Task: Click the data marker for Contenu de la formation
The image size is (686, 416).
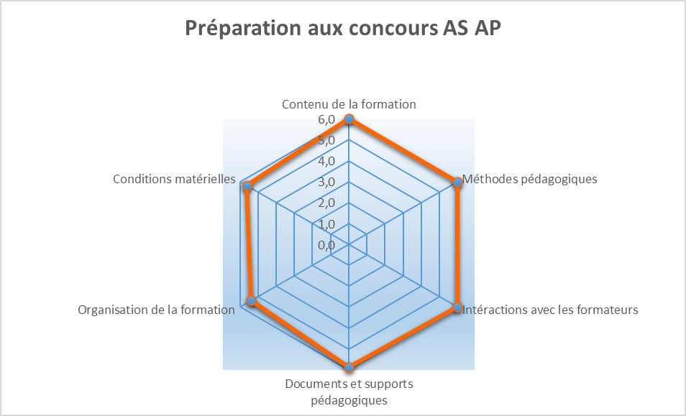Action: click(x=349, y=119)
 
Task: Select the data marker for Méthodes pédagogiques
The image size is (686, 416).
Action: click(x=457, y=182)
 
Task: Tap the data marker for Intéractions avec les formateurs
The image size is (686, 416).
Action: click(x=457, y=308)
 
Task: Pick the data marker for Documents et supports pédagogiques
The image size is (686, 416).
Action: click(x=349, y=368)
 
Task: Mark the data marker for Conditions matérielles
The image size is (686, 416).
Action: click(x=247, y=187)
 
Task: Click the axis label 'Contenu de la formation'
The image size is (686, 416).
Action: click(x=349, y=104)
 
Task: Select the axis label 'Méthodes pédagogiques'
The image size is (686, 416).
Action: click(x=529, y=179)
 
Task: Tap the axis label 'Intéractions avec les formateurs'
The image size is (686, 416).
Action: click(x=551, y=310)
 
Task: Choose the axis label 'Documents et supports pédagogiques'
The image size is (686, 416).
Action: click(x=349, y=392)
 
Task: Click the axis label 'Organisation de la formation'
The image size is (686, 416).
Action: click(x=156, y=310)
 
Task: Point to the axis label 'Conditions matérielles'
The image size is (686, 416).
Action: click(x=175, y=179)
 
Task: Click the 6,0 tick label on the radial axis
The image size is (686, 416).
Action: click(x=326, y=119)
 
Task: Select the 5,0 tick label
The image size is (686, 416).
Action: click(x=326, y=140)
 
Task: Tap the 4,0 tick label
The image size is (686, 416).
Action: click(x=326, y=161)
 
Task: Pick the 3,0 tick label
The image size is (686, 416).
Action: click(x=326, y=182)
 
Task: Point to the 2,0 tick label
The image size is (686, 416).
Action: click(x=326, y=203)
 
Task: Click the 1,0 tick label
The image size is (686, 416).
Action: click(x=326, y=224)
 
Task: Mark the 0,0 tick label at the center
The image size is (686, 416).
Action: click(x=326, y=245)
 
